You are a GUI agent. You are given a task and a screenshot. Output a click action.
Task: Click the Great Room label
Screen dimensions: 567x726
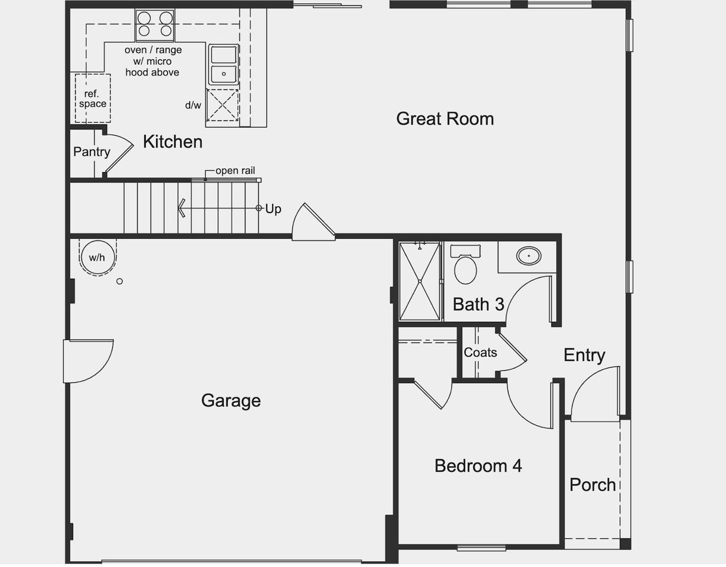pyautogui.click(x=444, y=119)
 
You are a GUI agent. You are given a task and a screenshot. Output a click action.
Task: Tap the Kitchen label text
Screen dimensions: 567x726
pyautogui.click(x=172, y=142)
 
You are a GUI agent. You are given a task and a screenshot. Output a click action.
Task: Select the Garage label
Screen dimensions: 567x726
pyautogui.click(x=231, y=400)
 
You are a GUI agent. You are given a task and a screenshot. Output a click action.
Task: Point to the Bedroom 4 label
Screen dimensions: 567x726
pyautogui.click(x=478, y=466)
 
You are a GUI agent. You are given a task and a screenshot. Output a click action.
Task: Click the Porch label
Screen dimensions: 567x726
pyautogui.click(x=593, y=485)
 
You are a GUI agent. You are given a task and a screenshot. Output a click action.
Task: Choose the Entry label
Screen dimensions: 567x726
pyautogui.click(x=584, y=355)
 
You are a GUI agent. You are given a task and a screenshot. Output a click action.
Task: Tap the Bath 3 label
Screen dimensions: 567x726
pyautogui.click(x=478, y=304)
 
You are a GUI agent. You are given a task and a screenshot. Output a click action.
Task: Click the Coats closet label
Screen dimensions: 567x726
pyautogui.click(x=480, y=353)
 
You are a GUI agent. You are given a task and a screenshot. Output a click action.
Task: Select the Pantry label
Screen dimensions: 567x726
pyautogui.click(x=91, y=152)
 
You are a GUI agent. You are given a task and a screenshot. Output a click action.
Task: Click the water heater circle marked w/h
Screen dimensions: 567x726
pyautogui.click(x=97, y=258)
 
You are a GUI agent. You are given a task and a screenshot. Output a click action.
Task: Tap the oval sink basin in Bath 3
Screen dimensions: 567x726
pyautogui.click(x=528, y=256)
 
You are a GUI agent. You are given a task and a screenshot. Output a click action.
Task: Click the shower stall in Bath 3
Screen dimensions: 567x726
pyautogui.click(x=420, y=281)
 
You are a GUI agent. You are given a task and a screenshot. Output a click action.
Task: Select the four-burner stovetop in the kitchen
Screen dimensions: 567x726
pyautogui.click(x=155, y=25)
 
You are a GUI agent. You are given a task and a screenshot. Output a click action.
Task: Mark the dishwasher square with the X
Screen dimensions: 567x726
pyautogui.click(x=222, y=105)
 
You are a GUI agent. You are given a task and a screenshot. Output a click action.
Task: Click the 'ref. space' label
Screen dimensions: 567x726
pyautogui.click(x=93, y=99)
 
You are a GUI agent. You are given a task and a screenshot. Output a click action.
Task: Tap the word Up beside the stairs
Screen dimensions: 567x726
pyautogui.click(x=273, y=209)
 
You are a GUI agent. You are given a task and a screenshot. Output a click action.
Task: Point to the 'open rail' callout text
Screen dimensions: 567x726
pyautogui.click(x=235, y=171)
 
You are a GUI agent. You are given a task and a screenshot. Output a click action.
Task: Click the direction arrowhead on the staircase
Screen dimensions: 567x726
pyautogui.click(x=181, y=208)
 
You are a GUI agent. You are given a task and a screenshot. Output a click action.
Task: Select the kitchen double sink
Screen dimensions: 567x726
pyautogui.click(x=224, y=64)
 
